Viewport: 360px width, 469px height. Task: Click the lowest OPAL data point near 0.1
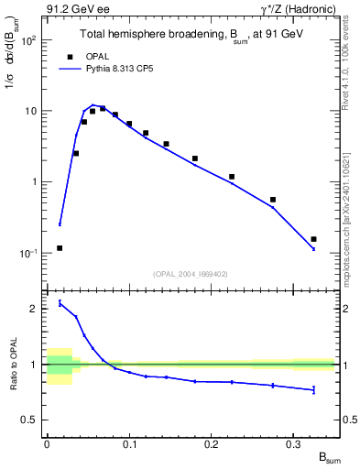(x=60, y=247)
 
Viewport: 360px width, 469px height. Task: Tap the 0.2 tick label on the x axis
(x=212, y=443)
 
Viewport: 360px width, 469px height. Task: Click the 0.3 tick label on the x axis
(x=293, y=443)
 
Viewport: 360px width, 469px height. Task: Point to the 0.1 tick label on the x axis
(x=129, y=443)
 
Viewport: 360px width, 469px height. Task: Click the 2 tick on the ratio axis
(x=36, y=309)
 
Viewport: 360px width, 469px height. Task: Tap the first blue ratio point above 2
(x=60, y=303)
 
